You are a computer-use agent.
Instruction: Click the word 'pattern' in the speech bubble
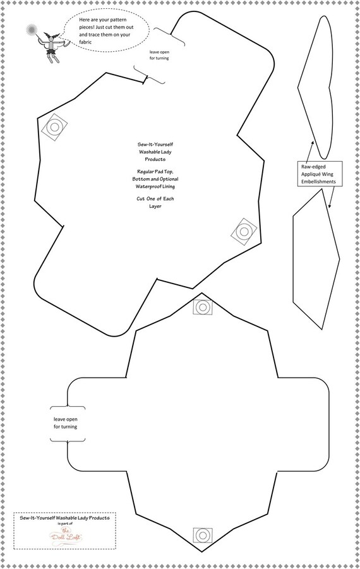[x=118, y=20]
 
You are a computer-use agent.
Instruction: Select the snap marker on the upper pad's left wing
[x=55, y=128]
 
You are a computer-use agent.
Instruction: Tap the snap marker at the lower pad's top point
[x=203, y=308]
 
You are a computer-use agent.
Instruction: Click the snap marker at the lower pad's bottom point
[x=203, y=534]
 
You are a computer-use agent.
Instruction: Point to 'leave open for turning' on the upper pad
[x=159, y=55]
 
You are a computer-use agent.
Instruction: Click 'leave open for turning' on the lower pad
[x=66, y=423]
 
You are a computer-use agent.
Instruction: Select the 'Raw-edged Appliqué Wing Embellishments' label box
[x=320, y=174]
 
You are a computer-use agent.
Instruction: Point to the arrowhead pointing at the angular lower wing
[x=330, y=205]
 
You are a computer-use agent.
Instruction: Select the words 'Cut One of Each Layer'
[x=155, y=203]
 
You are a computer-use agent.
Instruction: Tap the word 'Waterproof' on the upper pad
[x=148, y=186]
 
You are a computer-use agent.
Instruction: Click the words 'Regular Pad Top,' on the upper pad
[x=155, y=172]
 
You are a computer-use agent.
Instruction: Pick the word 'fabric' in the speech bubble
[x=86, y=42]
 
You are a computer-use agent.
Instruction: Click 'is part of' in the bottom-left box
[x=65, y=524]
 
